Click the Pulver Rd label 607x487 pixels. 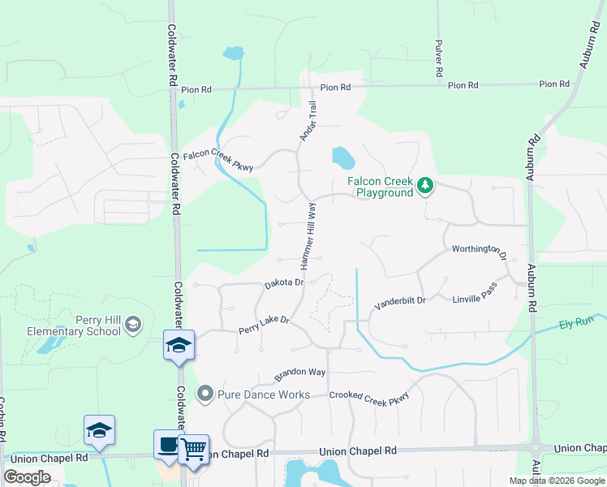click(438, 58)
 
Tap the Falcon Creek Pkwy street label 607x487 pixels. click(218, 159)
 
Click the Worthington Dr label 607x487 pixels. click(479, 251)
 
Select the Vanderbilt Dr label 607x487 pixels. click(399, 304)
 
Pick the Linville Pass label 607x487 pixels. click(474, 298)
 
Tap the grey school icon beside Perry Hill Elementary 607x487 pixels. click(133, 325)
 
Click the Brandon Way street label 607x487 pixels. click(299, 373)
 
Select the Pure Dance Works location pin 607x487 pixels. click(205, 394)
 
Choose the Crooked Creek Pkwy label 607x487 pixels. click(369, 395)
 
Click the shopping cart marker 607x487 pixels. click(193, 448)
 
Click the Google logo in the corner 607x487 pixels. click(27, 476)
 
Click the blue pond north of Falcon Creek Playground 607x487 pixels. click(342, 155)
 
